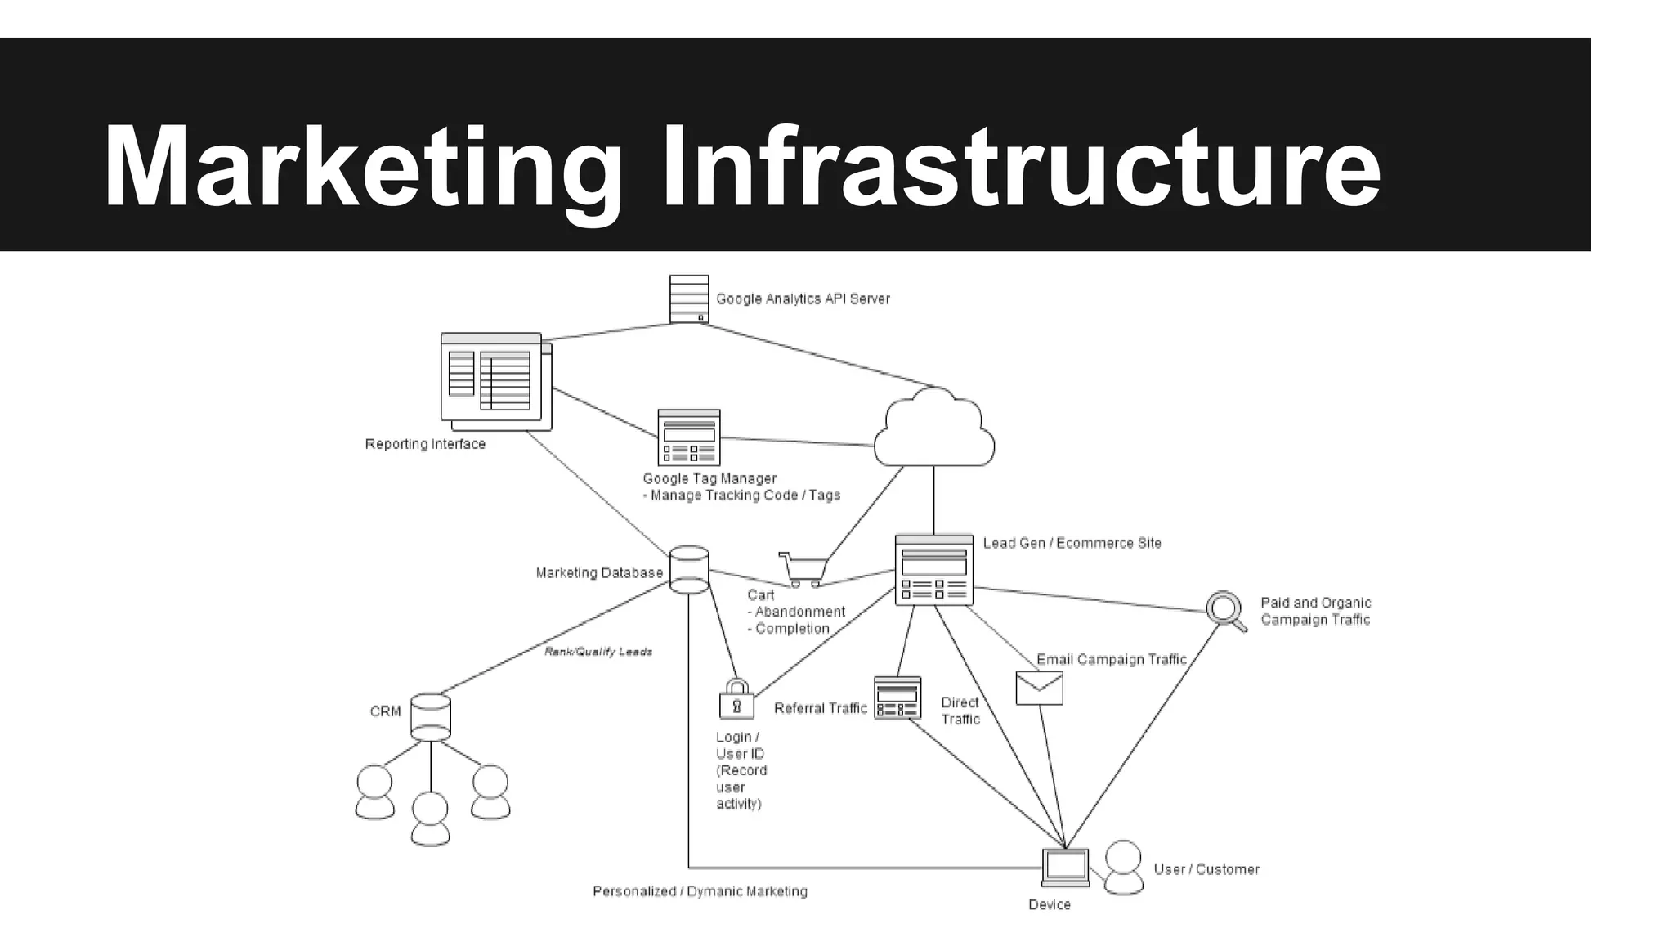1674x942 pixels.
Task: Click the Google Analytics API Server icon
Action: click(689, 299)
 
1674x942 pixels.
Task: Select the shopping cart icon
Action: click(804, 568)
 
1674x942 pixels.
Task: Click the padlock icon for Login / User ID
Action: click(736, 700)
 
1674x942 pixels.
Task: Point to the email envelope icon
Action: click(1039, 689)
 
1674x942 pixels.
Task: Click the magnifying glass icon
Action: click(1225, 610)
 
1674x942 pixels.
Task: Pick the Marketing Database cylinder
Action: click(689, 569)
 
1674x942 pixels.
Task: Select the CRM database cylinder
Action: click(431, 717)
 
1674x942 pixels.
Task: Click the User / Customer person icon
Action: click(1123, 868)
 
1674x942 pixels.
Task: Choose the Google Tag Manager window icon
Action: click(689, 438)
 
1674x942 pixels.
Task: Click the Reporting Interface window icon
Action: click(495, 381)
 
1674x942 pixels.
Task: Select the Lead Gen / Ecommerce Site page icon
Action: click(934, 570)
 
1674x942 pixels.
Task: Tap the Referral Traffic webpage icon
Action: click(897, 698)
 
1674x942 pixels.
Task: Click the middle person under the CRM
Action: click(430, 819)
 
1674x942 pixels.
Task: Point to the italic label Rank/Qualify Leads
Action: click(598, 652)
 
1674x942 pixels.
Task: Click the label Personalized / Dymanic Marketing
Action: click(700, 891)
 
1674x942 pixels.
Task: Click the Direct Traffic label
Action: click(960, 711)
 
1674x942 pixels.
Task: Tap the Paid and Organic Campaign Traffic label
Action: click(1315, 611)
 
